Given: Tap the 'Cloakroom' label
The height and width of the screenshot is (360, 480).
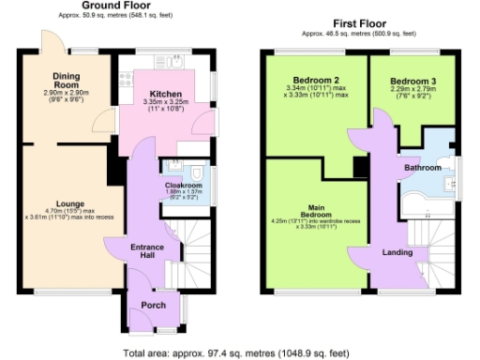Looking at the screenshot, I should [184, 186].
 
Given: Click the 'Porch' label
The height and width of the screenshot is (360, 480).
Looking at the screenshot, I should [153, 306].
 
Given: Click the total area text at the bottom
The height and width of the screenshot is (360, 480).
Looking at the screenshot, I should [235, 353].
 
